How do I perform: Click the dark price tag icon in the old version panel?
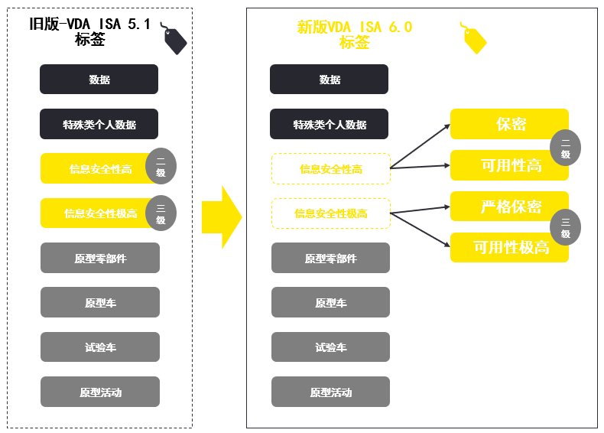[x=174, y=38]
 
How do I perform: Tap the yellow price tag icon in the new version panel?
[x=473, y=37]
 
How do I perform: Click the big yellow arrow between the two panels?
[x=221, y=217]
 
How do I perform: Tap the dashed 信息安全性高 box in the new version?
[x=330, y=169]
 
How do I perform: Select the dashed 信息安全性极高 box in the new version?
[x=330, y=213]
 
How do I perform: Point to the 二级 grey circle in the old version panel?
[x=161, y=166]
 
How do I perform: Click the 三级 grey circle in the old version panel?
[x=161, y=213]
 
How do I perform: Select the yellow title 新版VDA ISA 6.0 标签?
[x=354, y=34]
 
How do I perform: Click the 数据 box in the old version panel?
[x=99, y=80]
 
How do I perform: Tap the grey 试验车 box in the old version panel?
[x=100, y=347]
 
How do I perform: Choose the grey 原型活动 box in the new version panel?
[x=330, y=392]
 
